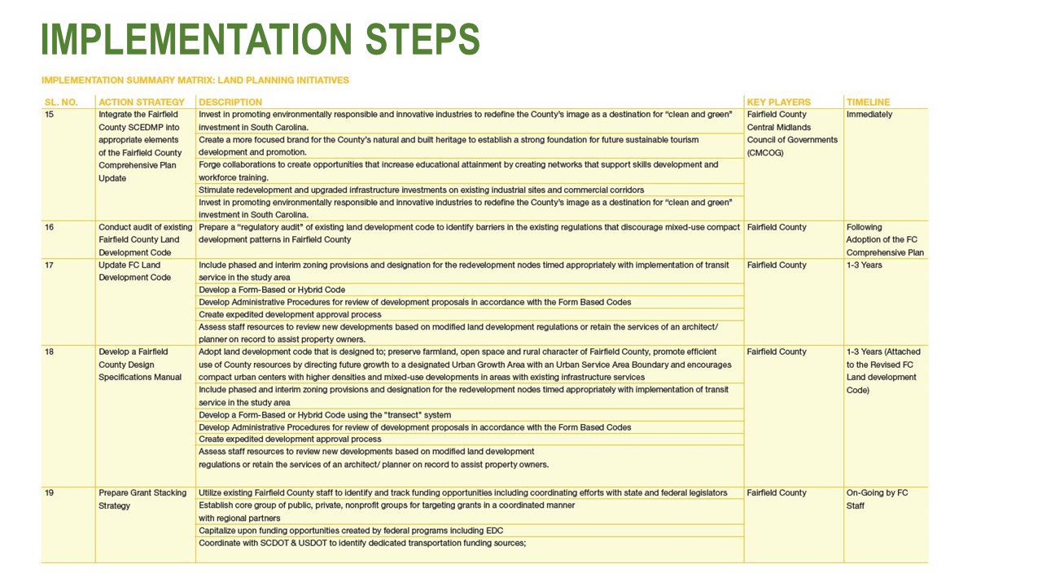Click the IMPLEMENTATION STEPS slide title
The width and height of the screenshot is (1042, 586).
[x=260, y=39]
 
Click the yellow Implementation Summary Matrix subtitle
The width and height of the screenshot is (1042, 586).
[x=195, y=80]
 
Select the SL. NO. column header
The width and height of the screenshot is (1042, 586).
[x=60, y=102]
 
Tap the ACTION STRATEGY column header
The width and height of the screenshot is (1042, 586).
[x=142, y=102]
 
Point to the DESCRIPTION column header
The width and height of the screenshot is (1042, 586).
[x=230, y=102]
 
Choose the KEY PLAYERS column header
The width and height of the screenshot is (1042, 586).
[x=778, y=102]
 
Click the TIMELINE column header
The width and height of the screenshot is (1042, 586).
[x=868, y=102]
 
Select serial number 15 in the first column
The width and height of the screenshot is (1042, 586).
[x=49, y=115]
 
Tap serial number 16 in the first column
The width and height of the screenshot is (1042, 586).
[x=49, y=227]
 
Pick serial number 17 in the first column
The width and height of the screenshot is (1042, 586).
[x=49, y=265]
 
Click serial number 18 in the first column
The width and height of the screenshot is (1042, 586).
[x=49, y=352]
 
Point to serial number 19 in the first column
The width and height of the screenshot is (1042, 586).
[x=49, y=492]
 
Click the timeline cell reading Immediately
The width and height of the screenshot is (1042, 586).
[x=869, y=115]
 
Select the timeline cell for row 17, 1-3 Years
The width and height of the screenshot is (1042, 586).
[x=864, y=265]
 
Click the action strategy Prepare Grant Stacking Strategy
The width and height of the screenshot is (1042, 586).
[x=142, y=499]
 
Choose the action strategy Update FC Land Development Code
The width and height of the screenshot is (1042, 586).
[x=135, y=271]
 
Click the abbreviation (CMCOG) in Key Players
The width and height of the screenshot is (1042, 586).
[x=765, y=152]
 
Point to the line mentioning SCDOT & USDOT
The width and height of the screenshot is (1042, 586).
[x=362, y=543]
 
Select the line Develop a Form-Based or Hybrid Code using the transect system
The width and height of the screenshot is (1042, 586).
[x=325, y=415]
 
